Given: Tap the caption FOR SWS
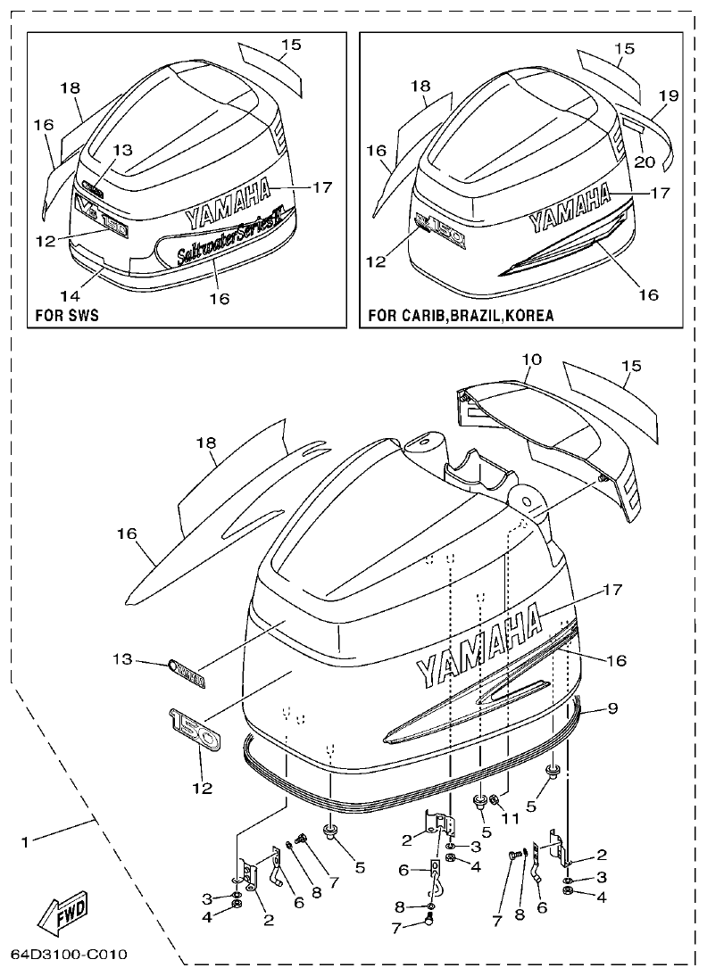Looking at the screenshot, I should click(x=66, y=316).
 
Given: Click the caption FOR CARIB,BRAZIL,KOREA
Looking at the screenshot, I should click(x=460, y=316).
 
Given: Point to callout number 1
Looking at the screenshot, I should click(x=26, y=841).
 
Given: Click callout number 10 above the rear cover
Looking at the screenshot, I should click(x=531, y=359).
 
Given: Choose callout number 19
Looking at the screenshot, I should click(x=669, y=95).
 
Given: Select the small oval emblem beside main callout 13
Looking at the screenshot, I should click(x=187, y=673).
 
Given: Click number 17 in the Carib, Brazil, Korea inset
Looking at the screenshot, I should click(x=660, y=192).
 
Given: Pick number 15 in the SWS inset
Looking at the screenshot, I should click(x=291, y=44).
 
